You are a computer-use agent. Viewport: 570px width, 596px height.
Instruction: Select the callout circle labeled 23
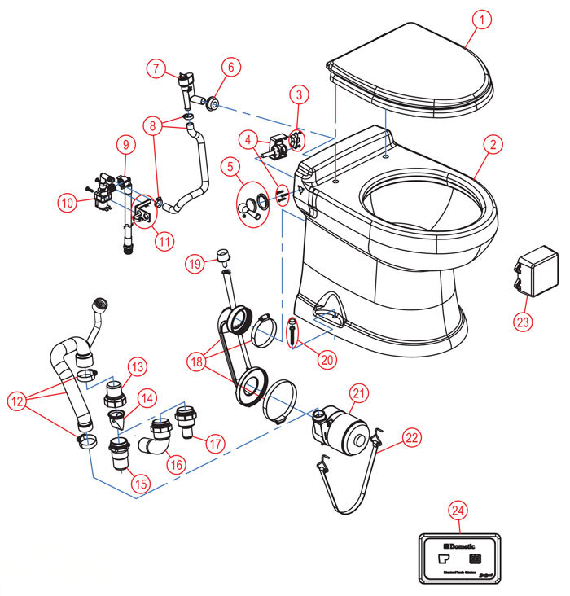tap(524, 322)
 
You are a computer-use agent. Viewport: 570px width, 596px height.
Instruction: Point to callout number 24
tap(458, 511)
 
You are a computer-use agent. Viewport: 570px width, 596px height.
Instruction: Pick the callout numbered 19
tap(193, 264)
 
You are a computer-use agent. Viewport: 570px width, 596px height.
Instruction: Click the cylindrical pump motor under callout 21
tap(345, 428)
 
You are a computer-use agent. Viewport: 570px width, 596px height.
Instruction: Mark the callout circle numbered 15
tap(142, 483)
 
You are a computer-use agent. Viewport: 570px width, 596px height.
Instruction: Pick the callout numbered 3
tap(300, 95)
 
